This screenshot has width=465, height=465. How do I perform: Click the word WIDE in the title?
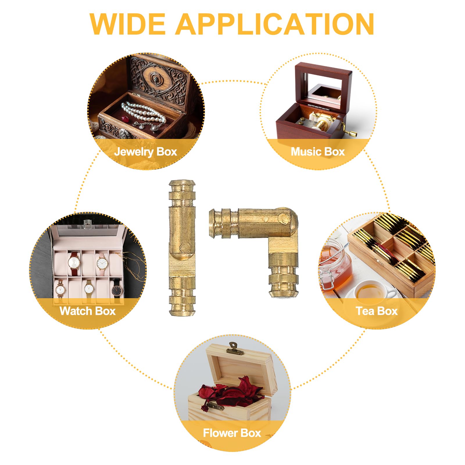128,24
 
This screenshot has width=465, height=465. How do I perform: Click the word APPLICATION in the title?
275,24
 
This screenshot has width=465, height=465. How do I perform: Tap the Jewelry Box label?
146,152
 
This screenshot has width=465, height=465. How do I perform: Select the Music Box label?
318,152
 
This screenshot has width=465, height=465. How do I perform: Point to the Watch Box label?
88,311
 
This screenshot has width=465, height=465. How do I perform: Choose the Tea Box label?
377,311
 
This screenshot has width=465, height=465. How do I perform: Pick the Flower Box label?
232,433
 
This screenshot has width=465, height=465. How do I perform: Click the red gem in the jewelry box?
126,119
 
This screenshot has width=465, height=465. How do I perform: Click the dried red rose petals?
230,392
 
